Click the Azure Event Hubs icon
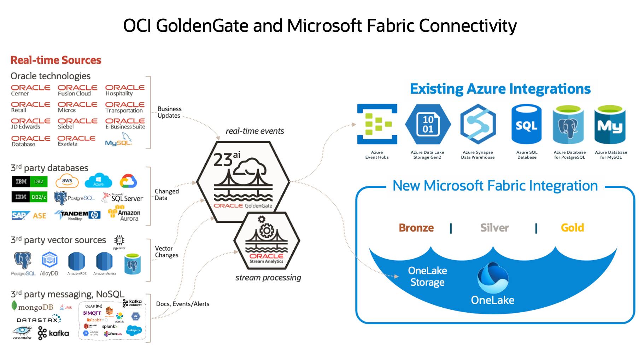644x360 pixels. pyautogui.click(x=377, y=124)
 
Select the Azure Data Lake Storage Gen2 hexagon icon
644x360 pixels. pyautogui.click(x=428, y=124)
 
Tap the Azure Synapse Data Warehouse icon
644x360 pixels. pyautogui.click(x=478, y=124)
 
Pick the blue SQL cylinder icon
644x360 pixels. pyautogui.click(x=526, y=124)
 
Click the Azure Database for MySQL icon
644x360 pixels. pyautogui.click(x=610, y=124)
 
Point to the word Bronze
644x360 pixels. pyautogui.click(x=416, y=228)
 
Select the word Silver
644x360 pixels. pyautogui.click(x=494, y=228)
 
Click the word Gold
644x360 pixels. pyautogui.click(x=572, y=228)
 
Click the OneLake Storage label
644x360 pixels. pyautogui.click(x=427, y=276)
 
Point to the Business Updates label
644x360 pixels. pyautogui.click(x=169, y=112)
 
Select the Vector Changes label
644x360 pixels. pyautogui.click(x=166, y=252)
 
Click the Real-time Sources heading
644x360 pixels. pyautogui.click(x=56, y=60)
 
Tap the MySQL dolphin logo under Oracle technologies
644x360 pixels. pyautogui.click(x=119, y=140)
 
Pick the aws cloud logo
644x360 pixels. pyautogui.click(x=67, y=181)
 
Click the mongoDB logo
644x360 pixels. pyautogui.click(x=33, y=307)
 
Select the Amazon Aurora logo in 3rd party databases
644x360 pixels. pyautogui.click(x=124, y=213)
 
